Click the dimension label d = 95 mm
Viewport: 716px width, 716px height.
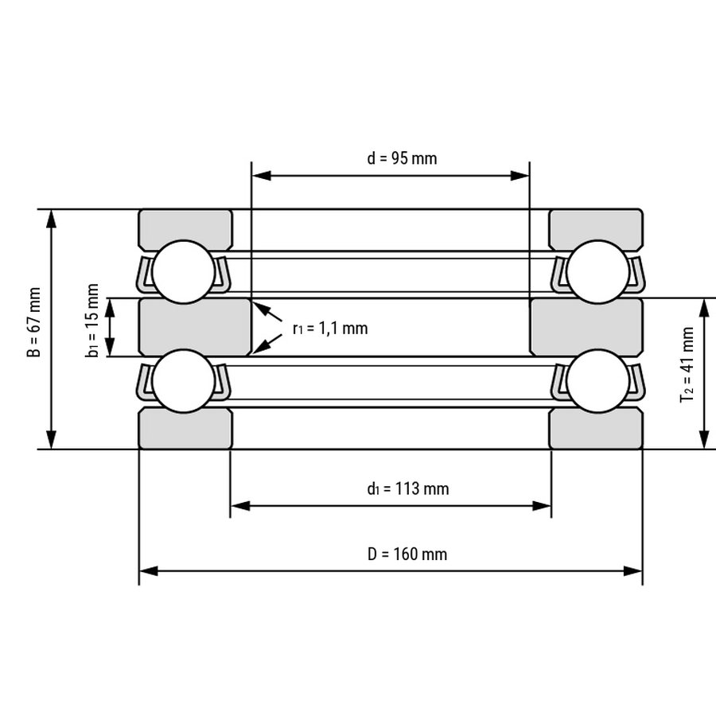tap(402, 158)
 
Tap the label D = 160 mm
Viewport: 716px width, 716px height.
tap(407, 554)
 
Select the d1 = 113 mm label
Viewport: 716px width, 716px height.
tap(408, 489)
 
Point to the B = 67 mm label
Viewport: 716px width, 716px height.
tap(34, 322)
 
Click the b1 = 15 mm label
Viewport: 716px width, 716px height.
tap(92, 320)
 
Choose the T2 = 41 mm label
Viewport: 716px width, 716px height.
tap(687, 364)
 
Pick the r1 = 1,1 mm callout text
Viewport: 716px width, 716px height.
tap(330, 329)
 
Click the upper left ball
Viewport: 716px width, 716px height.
tap(183, 272)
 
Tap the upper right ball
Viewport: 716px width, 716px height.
tap(597, 272)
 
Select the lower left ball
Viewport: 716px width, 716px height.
tap(183, 381)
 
